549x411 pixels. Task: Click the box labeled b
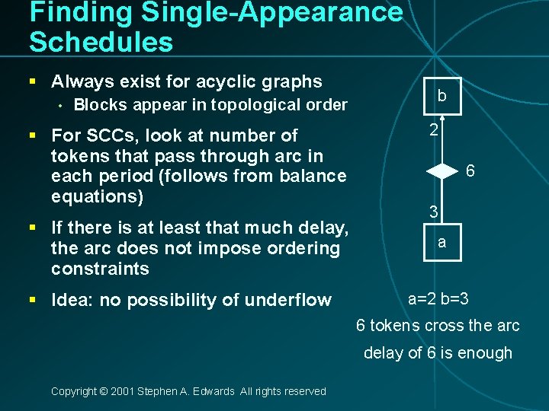tap(441, 97)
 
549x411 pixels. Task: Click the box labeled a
tap(441, 243)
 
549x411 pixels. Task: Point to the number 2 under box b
tap(433, 130)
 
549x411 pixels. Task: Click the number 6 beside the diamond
tap(470, 171)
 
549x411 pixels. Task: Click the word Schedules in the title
tap(101, 42)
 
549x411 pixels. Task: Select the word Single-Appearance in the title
tap(260, 12)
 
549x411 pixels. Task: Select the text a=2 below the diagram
tap(422, 298)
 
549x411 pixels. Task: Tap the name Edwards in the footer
tap(216, 391)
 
